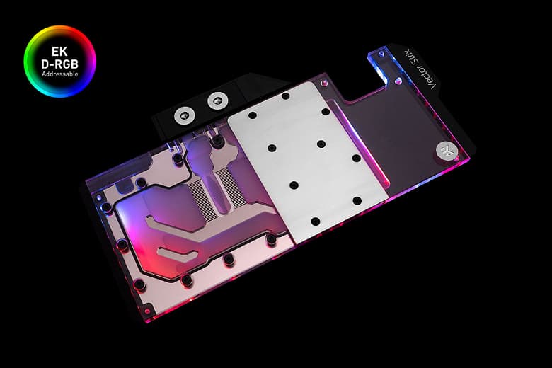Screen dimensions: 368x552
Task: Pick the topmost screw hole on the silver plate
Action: pos(285,96)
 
